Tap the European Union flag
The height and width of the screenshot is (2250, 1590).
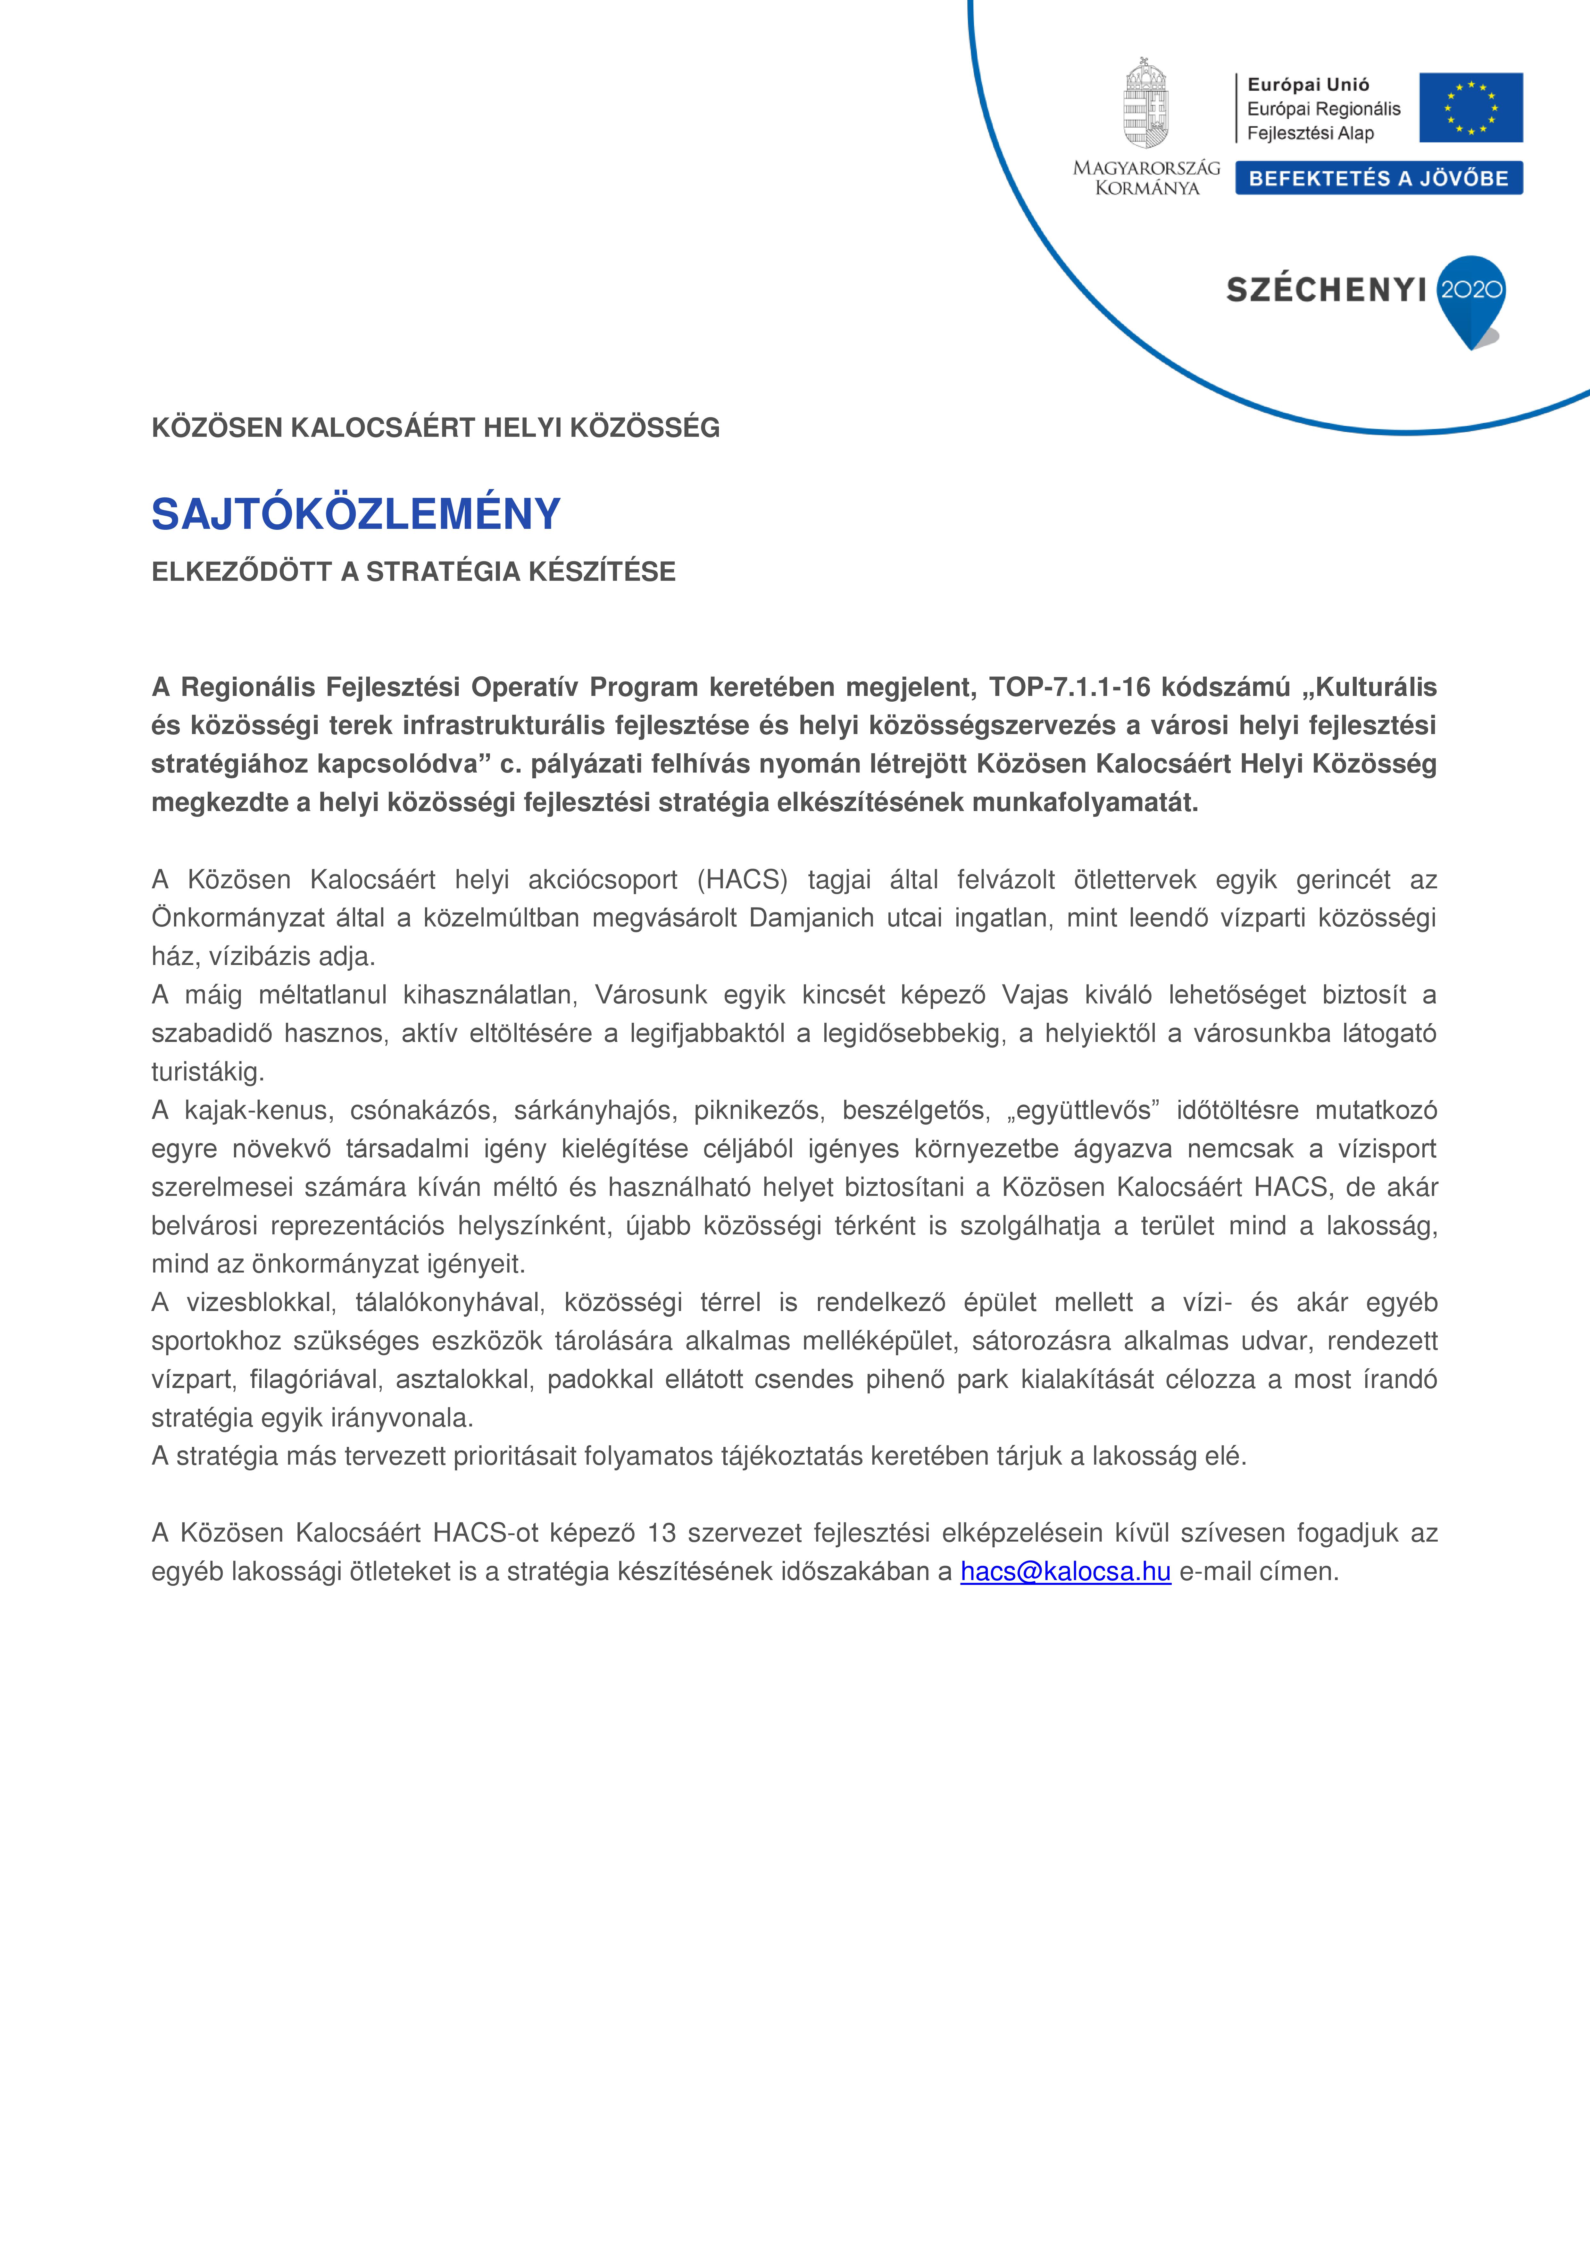click(1470, 108)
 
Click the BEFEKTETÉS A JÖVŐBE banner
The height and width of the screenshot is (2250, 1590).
click(1378, 178)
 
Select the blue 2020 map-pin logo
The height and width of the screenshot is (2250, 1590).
click(1469, 297)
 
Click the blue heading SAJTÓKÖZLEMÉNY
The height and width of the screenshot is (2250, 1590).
click(356, 514)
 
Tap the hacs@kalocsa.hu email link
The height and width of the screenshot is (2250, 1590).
click(1065, 1571)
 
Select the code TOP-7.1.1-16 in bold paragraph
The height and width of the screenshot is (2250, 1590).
click(1069, 687)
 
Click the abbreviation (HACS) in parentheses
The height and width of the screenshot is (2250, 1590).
click(742, 879)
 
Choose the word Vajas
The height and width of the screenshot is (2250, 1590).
click(1035, 995)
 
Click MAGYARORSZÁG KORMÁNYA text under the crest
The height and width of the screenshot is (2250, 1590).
click(1146, 177)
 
